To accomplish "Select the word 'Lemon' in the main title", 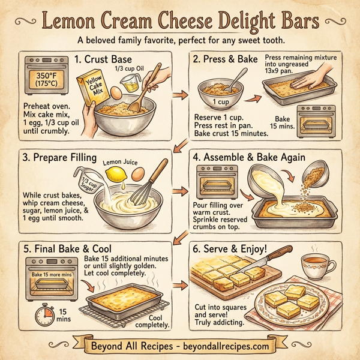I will [73, 22].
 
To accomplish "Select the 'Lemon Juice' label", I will [121, 162].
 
